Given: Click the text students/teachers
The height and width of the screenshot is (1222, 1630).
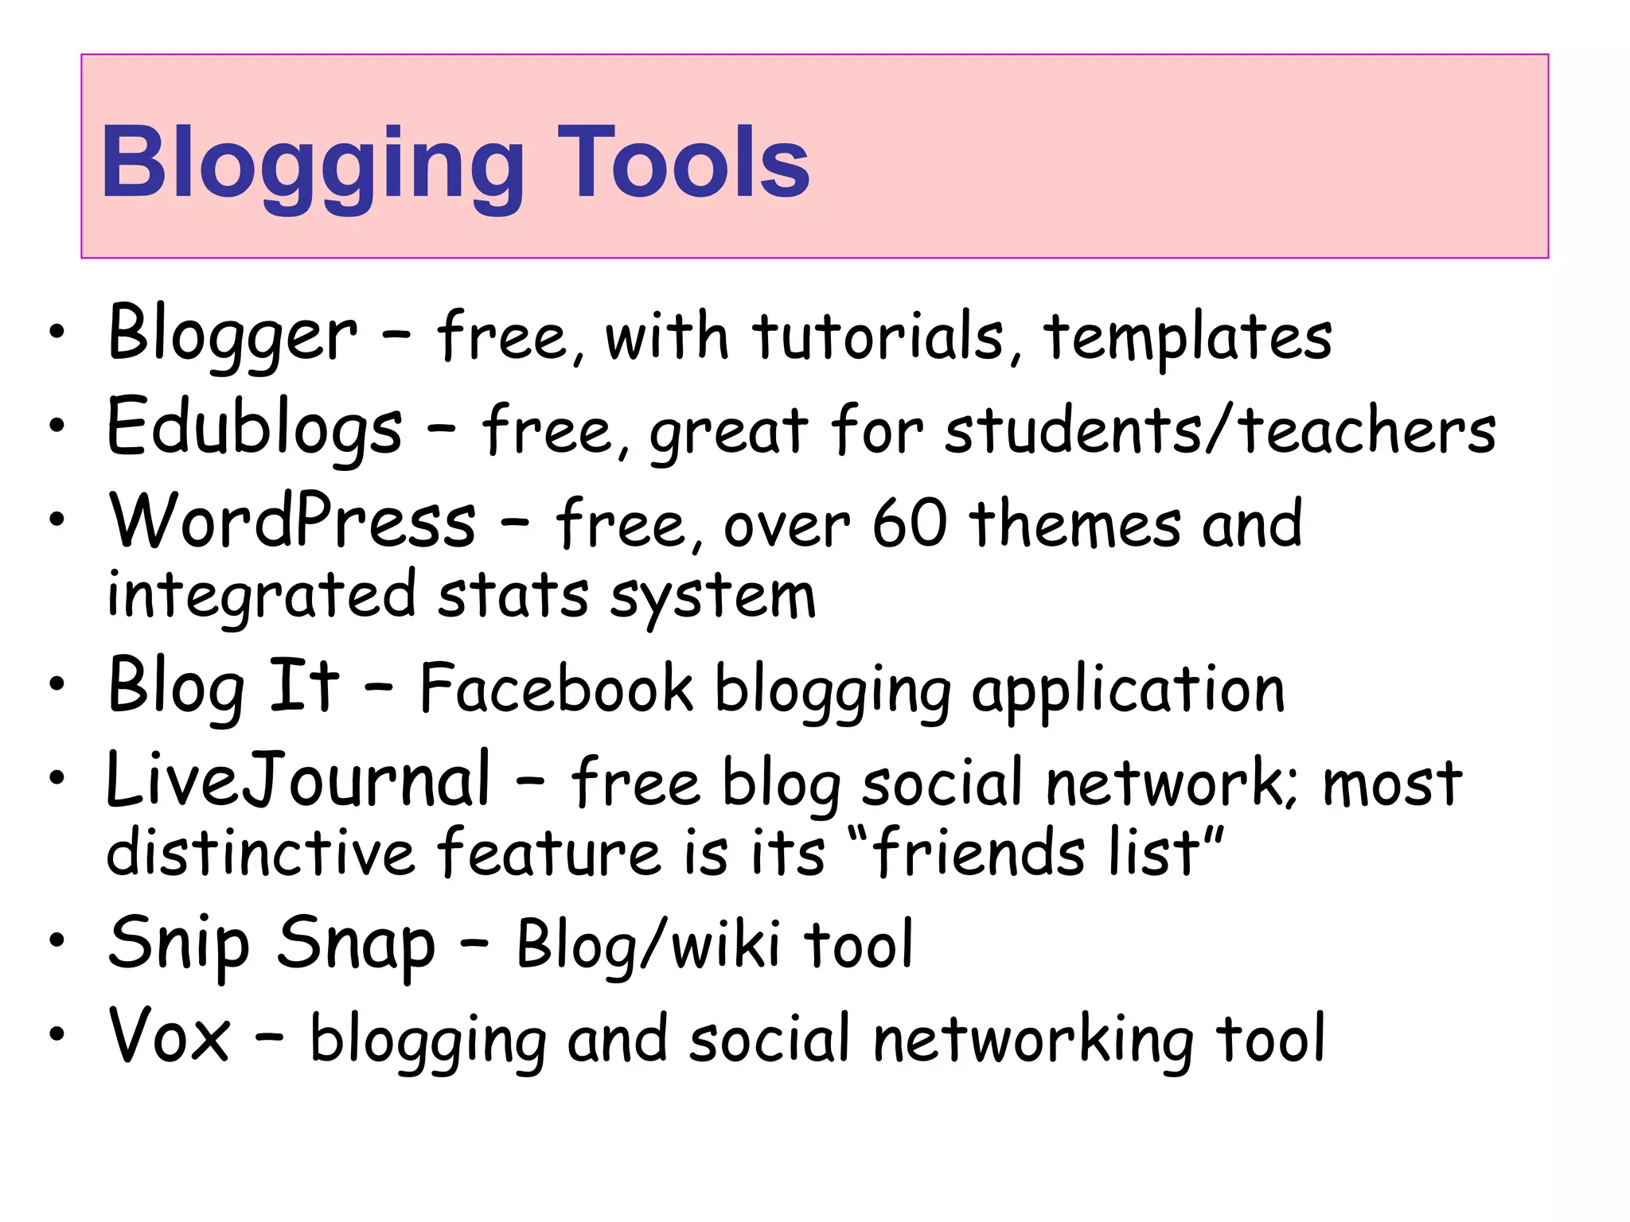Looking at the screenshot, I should [1220, 430].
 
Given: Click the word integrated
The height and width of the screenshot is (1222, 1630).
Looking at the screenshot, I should [261, 595].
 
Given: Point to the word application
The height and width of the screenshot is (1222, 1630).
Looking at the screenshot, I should [1128, 691].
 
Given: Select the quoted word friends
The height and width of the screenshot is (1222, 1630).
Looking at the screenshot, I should [980, 851].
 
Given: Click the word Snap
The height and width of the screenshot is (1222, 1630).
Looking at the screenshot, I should [356, 945].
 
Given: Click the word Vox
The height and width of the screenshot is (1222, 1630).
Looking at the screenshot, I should [170, 1036].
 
